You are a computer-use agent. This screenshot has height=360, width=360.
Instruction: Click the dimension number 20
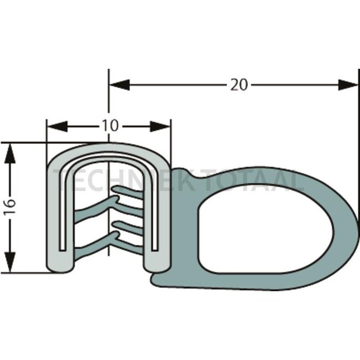click(239, 85)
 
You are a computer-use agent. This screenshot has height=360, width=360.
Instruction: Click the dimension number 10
click(109, 126)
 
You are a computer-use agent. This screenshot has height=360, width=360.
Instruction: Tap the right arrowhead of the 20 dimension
click(348, 85)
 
